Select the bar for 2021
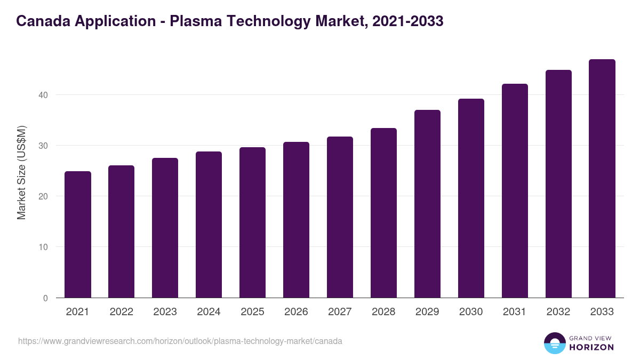(x=78, y=235)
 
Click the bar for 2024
(x=209, y=225)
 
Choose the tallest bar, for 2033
(x=602, y=179)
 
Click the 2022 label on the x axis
(x=121, y=312)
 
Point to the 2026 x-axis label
(x=296, y=312)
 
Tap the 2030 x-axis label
(x=471, y=312)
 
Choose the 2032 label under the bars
(x=558, y=312)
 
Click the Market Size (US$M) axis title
(x=21, y=172)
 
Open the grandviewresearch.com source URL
(x=180, y=341)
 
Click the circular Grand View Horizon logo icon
(x=555, y=343)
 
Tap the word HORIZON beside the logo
(x=592, y=347)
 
